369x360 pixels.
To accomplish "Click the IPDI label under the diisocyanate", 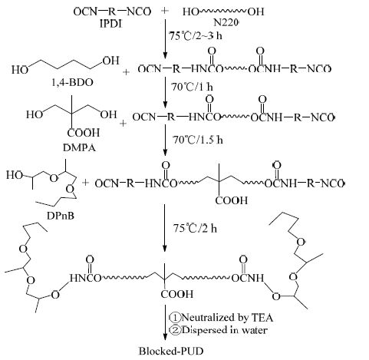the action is (x=110, y=24).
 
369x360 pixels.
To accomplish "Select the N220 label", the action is (x=226, y=23).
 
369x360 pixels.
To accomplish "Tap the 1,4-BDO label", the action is (x=72, y=82).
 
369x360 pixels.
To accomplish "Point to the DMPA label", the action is (x=79, y=147).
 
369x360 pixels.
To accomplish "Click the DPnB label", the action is (x=61, y=216).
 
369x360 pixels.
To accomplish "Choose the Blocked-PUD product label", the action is (x=171, y=351).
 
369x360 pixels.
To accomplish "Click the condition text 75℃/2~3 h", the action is (x=196, y=35).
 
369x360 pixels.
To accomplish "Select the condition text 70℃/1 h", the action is (x=192, y=87).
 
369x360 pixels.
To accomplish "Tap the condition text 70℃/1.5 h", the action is (x=197, y=140).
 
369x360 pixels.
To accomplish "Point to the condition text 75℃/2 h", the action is (x=195, y=228).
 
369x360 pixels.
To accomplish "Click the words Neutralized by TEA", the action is (x=227, y=318).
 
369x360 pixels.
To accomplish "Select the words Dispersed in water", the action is (x=225, y=330).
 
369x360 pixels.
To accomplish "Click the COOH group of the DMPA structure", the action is (x=84, y=133).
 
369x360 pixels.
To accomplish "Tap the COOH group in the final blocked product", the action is (x=177, y=294).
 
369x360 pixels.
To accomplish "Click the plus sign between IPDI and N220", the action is (x=165, y=11).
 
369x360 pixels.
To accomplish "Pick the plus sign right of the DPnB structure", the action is (x=85, y=183).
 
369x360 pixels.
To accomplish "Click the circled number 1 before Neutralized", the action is (x=175, y=318).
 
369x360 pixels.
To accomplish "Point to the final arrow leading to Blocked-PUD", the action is (x=165, y=322).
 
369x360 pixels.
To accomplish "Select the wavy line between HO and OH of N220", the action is (x=223, y=11).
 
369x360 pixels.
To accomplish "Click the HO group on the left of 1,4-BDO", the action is (x=20, y=70).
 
